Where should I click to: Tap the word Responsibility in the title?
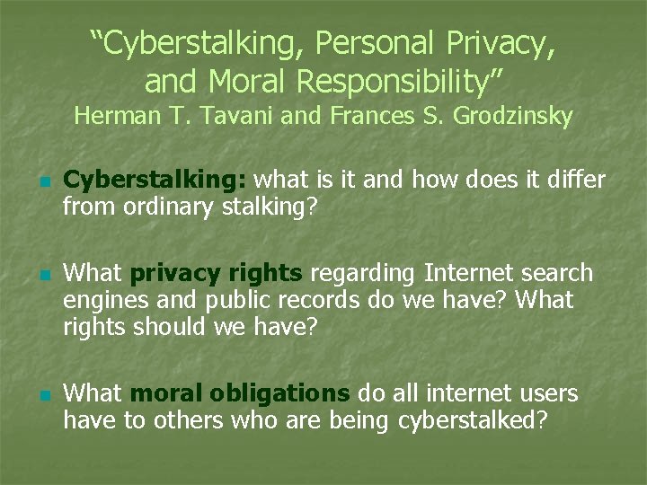tap(400, 81)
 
